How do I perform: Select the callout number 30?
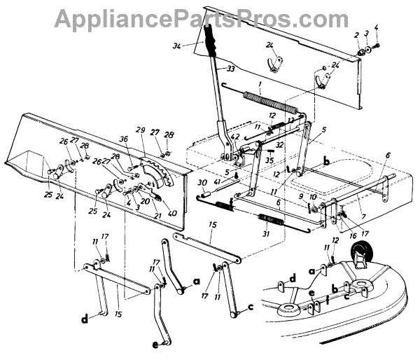[202, 183]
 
